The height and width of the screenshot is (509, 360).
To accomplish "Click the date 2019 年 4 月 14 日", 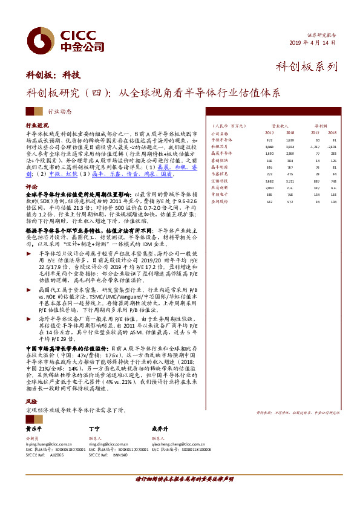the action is pos(313,43).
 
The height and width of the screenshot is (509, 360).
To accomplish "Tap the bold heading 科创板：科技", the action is pos(53,76).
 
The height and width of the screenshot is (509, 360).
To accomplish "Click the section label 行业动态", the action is pos(59,112).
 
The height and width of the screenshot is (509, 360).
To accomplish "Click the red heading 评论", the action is pos(31,187).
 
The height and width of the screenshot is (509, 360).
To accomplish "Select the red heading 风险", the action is pos(31,401).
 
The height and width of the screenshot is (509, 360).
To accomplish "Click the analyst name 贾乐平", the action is pos(34,427).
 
